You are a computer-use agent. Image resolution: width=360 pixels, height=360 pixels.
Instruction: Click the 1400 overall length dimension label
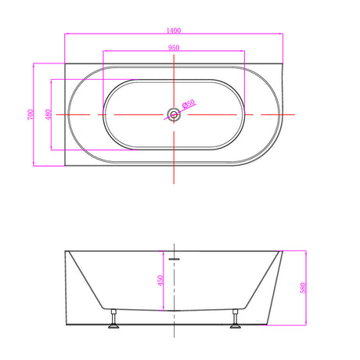pyautogui.click(x=174, y=31)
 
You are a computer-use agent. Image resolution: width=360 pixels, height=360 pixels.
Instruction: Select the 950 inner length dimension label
pyautogui.click(x=174, y=48)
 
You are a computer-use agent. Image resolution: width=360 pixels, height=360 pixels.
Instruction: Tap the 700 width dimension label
pyautogui.click(x=31, y=114)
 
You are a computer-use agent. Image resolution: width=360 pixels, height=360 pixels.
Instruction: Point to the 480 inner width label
pyautogui.click(x=49, y=114)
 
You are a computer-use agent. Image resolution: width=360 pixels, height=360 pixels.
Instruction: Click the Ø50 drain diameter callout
pyautogui.click(x=189, y=103)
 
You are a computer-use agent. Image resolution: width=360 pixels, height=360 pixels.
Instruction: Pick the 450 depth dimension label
pyautogui.click(x=160, y=280)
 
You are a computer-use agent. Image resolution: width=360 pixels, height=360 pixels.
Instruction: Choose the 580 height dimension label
pyautogui.click(x=303, y=288)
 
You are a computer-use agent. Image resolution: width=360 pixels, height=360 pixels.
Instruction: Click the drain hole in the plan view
pyautogui.click(x=174, y=114)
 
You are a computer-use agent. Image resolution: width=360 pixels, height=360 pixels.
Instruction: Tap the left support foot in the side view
pyautogui.click(x=113, y=319)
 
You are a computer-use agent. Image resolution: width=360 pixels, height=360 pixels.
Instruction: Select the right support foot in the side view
pyautogui.click(x=235, y=319)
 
